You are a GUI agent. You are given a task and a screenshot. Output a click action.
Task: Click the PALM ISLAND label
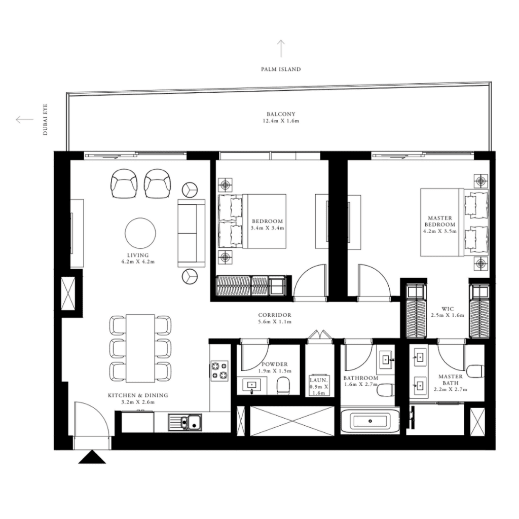click(x=281, y=69)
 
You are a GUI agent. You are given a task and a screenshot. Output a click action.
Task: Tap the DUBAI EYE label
click(x=45, y=120)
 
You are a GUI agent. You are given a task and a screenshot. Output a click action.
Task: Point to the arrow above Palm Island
click(x=281, y=49)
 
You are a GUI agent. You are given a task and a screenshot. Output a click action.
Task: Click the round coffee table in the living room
click(x=140, y=233)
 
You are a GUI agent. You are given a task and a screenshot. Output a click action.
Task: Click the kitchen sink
click(x=184, y=422)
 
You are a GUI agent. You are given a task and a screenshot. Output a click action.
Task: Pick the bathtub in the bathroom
click(x=369, y=421)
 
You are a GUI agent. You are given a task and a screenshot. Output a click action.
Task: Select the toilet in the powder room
click(x=283, y=385)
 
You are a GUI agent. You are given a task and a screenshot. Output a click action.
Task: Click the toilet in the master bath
click(x=476, y=371)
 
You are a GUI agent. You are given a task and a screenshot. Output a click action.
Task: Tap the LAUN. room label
click(x=318, y=380)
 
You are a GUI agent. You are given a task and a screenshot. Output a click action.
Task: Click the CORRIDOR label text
click(x=275, y=315)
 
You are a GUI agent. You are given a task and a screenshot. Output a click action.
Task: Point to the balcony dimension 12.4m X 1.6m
click(x=281, y=121)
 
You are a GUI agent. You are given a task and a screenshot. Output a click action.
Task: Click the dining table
click(x=140, y=348)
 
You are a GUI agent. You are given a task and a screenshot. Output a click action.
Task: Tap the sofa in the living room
click(x=191, y=233)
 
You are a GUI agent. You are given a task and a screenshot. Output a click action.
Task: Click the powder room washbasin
click(x=252, y=385)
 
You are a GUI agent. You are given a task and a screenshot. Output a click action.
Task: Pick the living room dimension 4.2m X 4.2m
click(x=138, y=262)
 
